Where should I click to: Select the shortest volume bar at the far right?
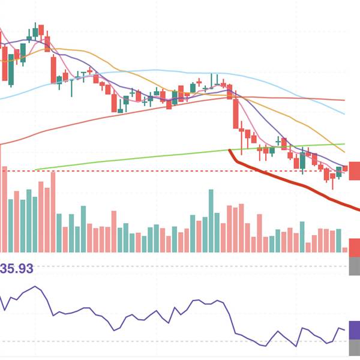pos(345,249)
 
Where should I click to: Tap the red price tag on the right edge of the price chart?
pos(354,170)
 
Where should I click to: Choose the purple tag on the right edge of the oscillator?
pos(354,330)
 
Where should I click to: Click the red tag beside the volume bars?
pos(354,247)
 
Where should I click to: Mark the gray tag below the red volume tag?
pos(354,266)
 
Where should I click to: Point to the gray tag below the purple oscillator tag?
pos(354,349)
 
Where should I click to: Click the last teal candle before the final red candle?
pos(339,172)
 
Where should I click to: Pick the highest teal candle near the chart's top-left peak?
pos(35,31)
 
